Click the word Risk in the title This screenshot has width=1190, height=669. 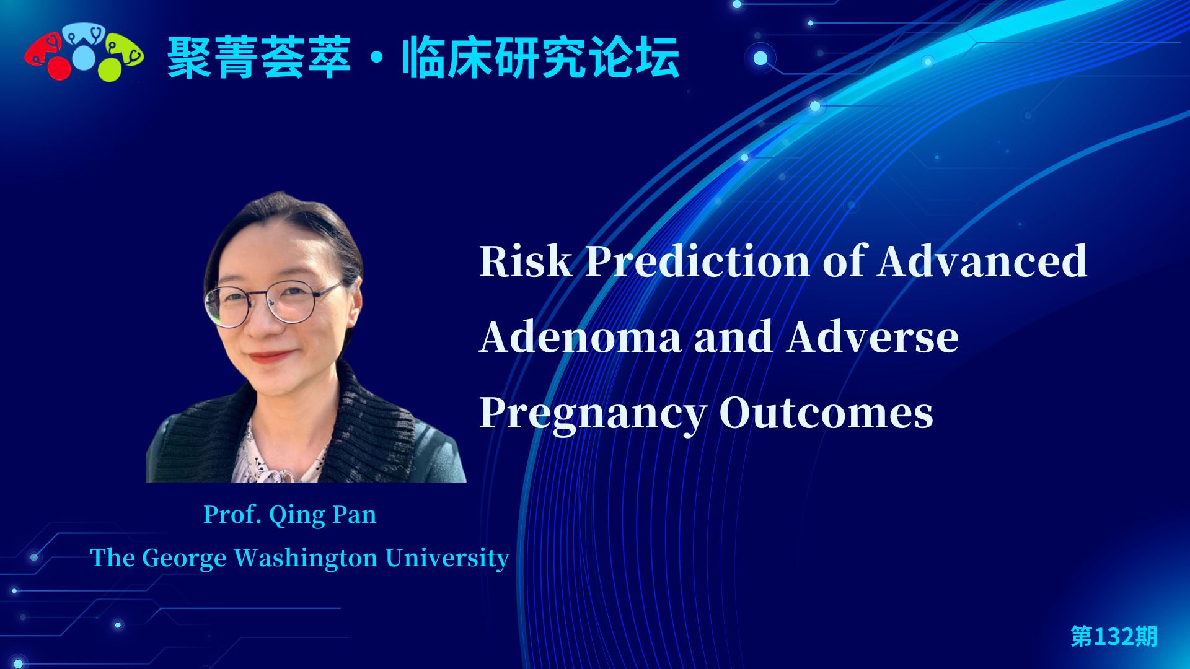click(x=526, y=261)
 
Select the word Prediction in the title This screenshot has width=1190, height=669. click(x=697, y=261)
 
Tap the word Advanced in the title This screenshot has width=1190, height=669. click(x=982, y=261)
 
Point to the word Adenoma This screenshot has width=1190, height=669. click(x=580, y=337)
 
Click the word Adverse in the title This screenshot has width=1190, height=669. click(x=873, y=337)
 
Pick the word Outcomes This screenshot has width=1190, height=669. click(x=826, y=413)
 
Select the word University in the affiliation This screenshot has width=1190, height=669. click(x=447, y=558)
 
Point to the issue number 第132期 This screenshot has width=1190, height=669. click(x=1114, y=636)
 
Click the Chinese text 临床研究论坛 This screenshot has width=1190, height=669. click(x=541, y=58)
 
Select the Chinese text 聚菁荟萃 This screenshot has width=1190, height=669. click(x=259, y=58)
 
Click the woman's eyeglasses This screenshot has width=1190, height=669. click(x=273, y=302)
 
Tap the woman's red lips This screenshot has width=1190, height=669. click(x=269, y=357)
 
